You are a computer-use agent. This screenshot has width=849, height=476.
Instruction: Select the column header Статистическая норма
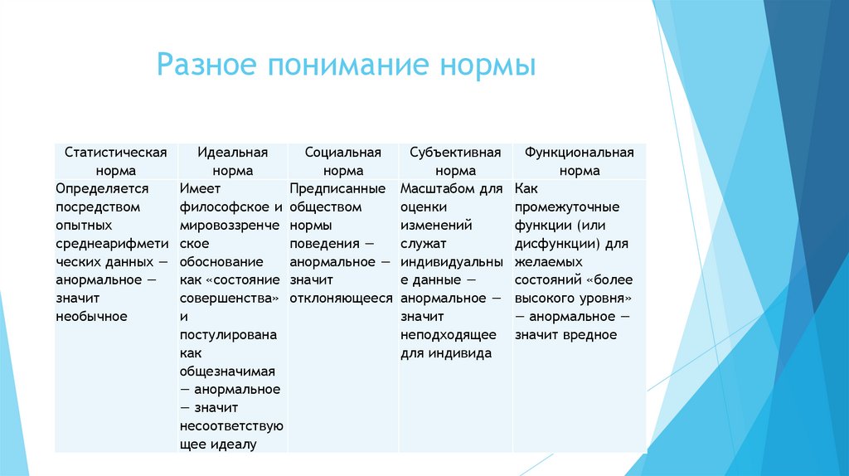click(x=115, y=162)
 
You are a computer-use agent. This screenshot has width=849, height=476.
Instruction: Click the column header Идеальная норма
click(x=232, y=162)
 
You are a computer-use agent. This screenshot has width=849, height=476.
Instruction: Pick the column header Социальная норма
click(x=343, y=162)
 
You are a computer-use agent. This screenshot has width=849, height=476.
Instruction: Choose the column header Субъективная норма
click(x=455, y=162)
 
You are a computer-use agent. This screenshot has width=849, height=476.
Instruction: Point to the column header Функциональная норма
click(x=579, y=162)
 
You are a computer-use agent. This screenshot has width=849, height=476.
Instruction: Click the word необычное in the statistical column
click(x=91, y=316)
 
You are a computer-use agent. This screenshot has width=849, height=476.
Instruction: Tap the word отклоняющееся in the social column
click(x=342, y=298)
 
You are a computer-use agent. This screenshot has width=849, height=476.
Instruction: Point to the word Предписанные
click(x=337, y=188)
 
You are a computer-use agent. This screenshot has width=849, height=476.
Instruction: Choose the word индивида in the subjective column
click(x=460, y=352)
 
